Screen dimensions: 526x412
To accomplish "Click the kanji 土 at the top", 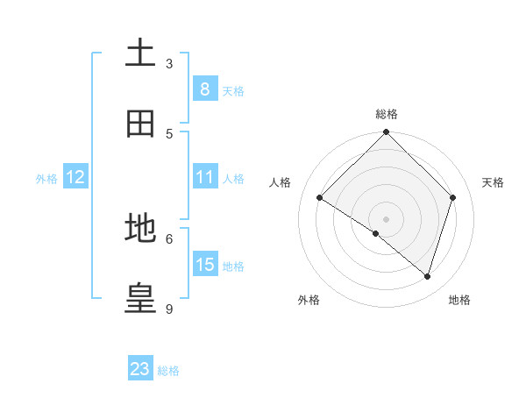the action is [140, 53].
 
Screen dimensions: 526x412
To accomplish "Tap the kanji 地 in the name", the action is [140, 228].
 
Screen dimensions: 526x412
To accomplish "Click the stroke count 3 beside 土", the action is [169, 63].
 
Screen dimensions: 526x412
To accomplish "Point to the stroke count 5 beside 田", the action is [169, 133].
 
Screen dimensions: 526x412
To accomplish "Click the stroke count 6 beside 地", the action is [169, 238].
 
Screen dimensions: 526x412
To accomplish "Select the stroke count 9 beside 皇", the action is [169, 309].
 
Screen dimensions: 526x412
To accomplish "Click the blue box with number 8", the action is [204, 89].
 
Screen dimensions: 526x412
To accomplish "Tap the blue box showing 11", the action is [204, 177].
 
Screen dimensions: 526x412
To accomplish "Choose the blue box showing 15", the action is [204, 265].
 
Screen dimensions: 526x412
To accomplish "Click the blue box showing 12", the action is [75, 177].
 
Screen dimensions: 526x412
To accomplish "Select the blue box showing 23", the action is [140, 369].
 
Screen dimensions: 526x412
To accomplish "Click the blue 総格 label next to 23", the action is [168, 371].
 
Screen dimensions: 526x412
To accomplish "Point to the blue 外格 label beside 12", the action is [46, 179].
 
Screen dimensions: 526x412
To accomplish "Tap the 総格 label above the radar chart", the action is [387, 114].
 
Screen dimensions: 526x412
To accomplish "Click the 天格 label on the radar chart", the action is [493, 182].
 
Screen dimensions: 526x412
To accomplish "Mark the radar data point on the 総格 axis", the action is [387, 133].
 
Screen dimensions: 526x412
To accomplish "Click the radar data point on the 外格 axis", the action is [376, 233].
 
